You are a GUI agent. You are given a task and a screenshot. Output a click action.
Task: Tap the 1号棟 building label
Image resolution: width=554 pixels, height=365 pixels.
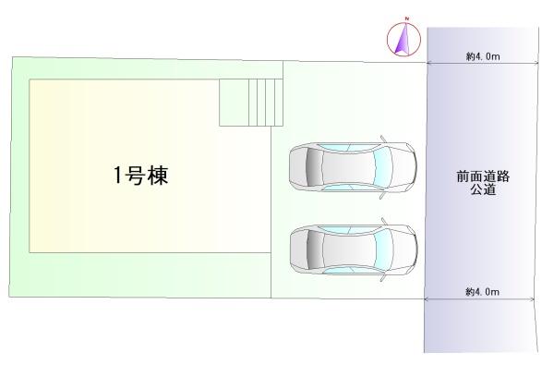[140, 176]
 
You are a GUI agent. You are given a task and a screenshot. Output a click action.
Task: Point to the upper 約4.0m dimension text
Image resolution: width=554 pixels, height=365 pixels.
[483, 56]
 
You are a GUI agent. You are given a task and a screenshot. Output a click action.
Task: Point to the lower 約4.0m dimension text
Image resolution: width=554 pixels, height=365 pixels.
[482, 292]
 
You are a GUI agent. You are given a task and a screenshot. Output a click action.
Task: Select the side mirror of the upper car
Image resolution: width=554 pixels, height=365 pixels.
[382, 140]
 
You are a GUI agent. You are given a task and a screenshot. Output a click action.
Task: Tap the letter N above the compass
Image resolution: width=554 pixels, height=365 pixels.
[404, 24]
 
